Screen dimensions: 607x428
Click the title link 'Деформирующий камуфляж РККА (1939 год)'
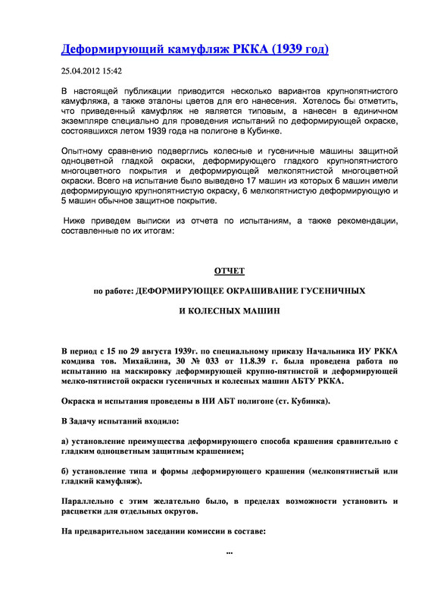(195, 51)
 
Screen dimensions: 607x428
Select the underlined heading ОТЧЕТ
(230, 271)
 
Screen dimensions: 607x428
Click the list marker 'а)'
(66, 441)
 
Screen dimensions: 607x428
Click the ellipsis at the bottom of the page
(230, 552)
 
